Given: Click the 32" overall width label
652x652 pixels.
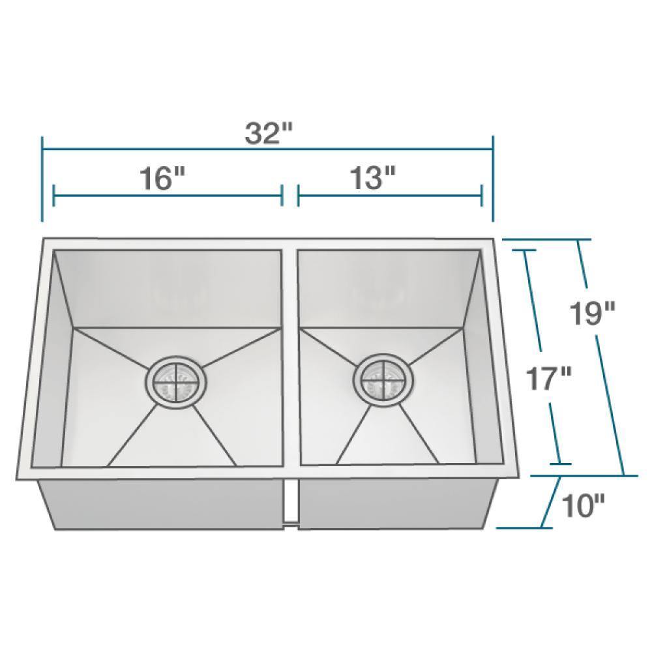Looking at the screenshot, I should pyautogui.click(x=268, y=134).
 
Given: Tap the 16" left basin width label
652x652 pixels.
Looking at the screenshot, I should pyautogui.click(x=162, y=178).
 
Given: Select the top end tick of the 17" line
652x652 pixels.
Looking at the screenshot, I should pyautogui.click(x=523, y=250).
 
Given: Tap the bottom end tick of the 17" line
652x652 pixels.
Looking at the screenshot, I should pyautogui.click(x=561, y=464).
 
